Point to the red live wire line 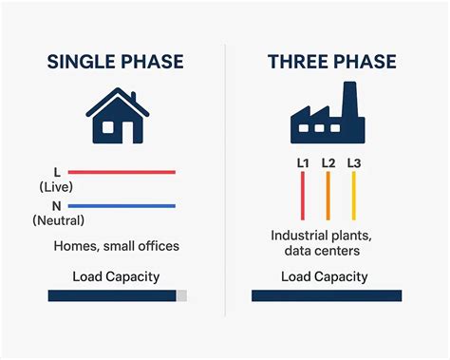pyautogui.click(x=122, y=172)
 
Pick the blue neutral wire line pyautogui.click(x=122, y=206)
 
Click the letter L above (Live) pyautogui.click(x=57, y=172)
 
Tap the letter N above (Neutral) pyautogui.click(x=57, y=206)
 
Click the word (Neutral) pyautogui.click(x=58, y=220)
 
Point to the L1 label pyautogui.click(x=303, y=163)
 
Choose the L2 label pyautogui.click(x=328, y=163)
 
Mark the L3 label pyautogui.click(x=354, y=163)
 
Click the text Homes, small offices pyautogui.click(x=117, y=246)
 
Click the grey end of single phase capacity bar pyautogui.click(x=181, y=296)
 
